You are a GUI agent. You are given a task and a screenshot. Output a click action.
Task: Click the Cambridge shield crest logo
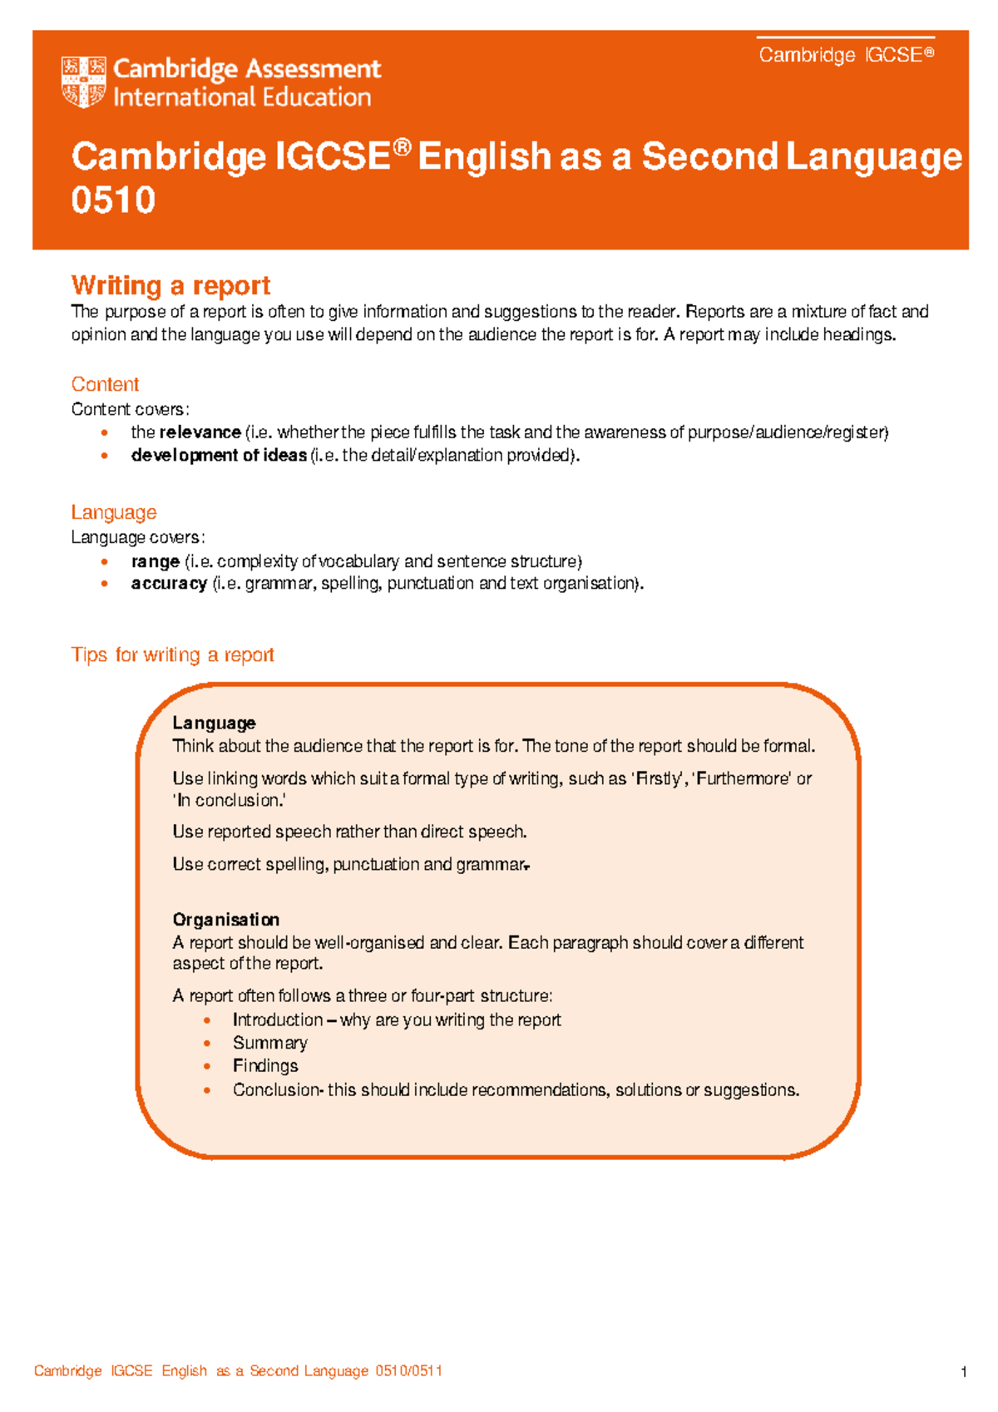[83, 82]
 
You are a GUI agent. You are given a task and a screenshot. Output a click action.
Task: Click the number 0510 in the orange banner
[113, 200]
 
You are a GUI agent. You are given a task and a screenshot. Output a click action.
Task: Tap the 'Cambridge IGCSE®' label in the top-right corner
[846, 55]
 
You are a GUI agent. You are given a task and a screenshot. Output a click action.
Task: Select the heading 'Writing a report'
[170, 285]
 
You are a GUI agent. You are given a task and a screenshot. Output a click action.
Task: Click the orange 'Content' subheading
[105, 384]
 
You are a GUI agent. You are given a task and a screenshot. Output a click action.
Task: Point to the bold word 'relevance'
[200, 432]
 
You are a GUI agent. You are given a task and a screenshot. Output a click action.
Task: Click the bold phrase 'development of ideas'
[219, 456]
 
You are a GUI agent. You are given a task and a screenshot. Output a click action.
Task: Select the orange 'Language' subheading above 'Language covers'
[114, 512]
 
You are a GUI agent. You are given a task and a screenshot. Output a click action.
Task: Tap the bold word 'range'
[156, 561]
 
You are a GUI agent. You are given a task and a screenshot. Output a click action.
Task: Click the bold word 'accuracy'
[169, 584]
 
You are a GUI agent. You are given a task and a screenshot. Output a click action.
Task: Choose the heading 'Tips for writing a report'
[172, 655]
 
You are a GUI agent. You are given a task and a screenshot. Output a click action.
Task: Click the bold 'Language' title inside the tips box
[214, 723]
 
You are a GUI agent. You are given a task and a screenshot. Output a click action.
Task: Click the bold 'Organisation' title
[225, 920]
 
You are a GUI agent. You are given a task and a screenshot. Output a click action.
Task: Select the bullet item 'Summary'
[269, 1043]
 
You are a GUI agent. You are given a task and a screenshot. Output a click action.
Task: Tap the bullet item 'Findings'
[265, 1066]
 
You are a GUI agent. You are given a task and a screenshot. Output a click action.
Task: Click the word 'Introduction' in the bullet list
[277, 1020]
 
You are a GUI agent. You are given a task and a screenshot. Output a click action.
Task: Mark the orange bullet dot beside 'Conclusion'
[207, 1090]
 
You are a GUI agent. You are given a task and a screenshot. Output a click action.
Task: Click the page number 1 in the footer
[963, 1372]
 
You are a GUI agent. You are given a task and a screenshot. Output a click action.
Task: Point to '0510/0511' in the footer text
[408, 1371]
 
